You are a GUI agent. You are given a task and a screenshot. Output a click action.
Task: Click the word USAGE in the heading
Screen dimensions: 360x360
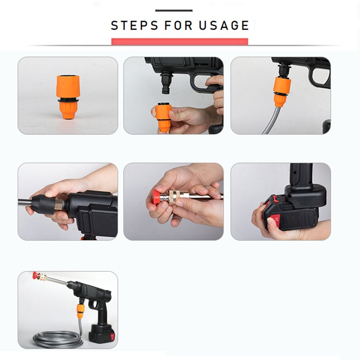(224, 25)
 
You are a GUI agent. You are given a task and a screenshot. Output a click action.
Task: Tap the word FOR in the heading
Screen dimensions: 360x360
(178, 25)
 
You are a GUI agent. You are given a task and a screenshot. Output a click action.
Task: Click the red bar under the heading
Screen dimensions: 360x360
(180, 41)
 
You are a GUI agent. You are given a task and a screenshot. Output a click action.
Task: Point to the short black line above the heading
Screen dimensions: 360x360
(174, 10)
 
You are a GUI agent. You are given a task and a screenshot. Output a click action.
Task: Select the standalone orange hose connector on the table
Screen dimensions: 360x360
(68, 96)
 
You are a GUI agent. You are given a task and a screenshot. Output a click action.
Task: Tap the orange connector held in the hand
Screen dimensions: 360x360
(163, 117)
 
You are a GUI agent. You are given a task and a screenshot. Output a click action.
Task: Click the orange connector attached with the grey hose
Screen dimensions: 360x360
(282, 91)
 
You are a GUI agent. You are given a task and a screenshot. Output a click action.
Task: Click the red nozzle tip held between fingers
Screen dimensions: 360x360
(157, 197)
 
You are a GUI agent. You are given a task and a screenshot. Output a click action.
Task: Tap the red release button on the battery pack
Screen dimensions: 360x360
(275, 220)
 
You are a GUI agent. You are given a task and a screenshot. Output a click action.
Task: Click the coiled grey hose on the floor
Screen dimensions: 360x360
(58, 338)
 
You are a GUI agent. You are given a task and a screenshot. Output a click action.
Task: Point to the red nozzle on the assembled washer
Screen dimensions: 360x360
(36, 275)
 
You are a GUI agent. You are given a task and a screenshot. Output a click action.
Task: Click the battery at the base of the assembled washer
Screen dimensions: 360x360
(102, 334)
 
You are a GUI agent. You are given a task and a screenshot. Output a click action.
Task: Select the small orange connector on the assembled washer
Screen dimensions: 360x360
(81, 311)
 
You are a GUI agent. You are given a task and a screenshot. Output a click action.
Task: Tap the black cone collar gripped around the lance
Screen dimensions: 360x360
(43, 204)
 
